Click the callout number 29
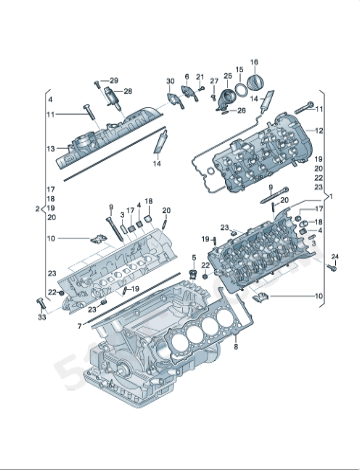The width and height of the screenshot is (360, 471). [113, 80]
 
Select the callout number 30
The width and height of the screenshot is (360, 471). [170, 80]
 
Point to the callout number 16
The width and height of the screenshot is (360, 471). [253, 62]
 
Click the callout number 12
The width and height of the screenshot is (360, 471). [319, 131]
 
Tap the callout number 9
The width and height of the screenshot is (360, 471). [271, 187]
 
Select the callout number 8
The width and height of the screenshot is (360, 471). [235, 344]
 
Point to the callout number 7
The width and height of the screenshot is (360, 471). [80, 327]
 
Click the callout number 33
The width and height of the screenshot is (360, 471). [41, 317]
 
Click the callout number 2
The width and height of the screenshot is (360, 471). [38, 208]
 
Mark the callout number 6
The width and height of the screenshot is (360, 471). [185, 76]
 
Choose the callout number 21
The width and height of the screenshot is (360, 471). [200, 77]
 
